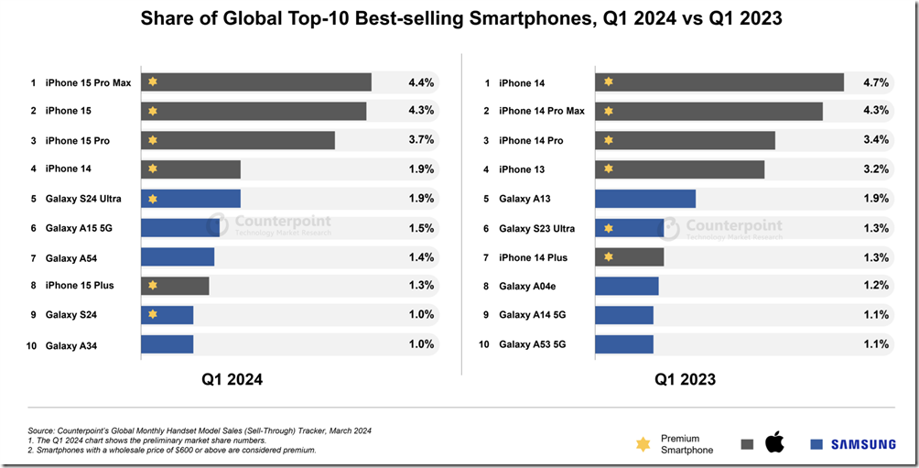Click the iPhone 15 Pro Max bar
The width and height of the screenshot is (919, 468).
point(256,82)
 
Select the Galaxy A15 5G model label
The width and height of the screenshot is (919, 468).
point(79,228)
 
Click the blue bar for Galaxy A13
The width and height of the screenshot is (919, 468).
point(645,199)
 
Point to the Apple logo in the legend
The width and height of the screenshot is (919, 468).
point(774,444)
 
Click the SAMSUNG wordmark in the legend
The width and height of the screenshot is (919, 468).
point(863,444)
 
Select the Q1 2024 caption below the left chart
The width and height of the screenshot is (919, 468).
point(232,379)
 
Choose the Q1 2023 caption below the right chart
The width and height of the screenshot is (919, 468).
point(685,379)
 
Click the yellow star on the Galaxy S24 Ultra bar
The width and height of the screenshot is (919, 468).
point(153,199)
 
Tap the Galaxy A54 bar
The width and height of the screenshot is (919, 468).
point(178,256)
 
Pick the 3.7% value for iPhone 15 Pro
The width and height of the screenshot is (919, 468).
point(421,139)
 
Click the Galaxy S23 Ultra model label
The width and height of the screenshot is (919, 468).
point(537,228)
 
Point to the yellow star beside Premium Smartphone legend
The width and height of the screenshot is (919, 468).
point(643,444)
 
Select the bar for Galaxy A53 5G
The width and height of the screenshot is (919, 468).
point(624,344)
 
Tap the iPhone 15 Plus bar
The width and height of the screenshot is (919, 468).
point(175,286)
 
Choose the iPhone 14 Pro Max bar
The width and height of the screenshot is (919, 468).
point(708,111)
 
